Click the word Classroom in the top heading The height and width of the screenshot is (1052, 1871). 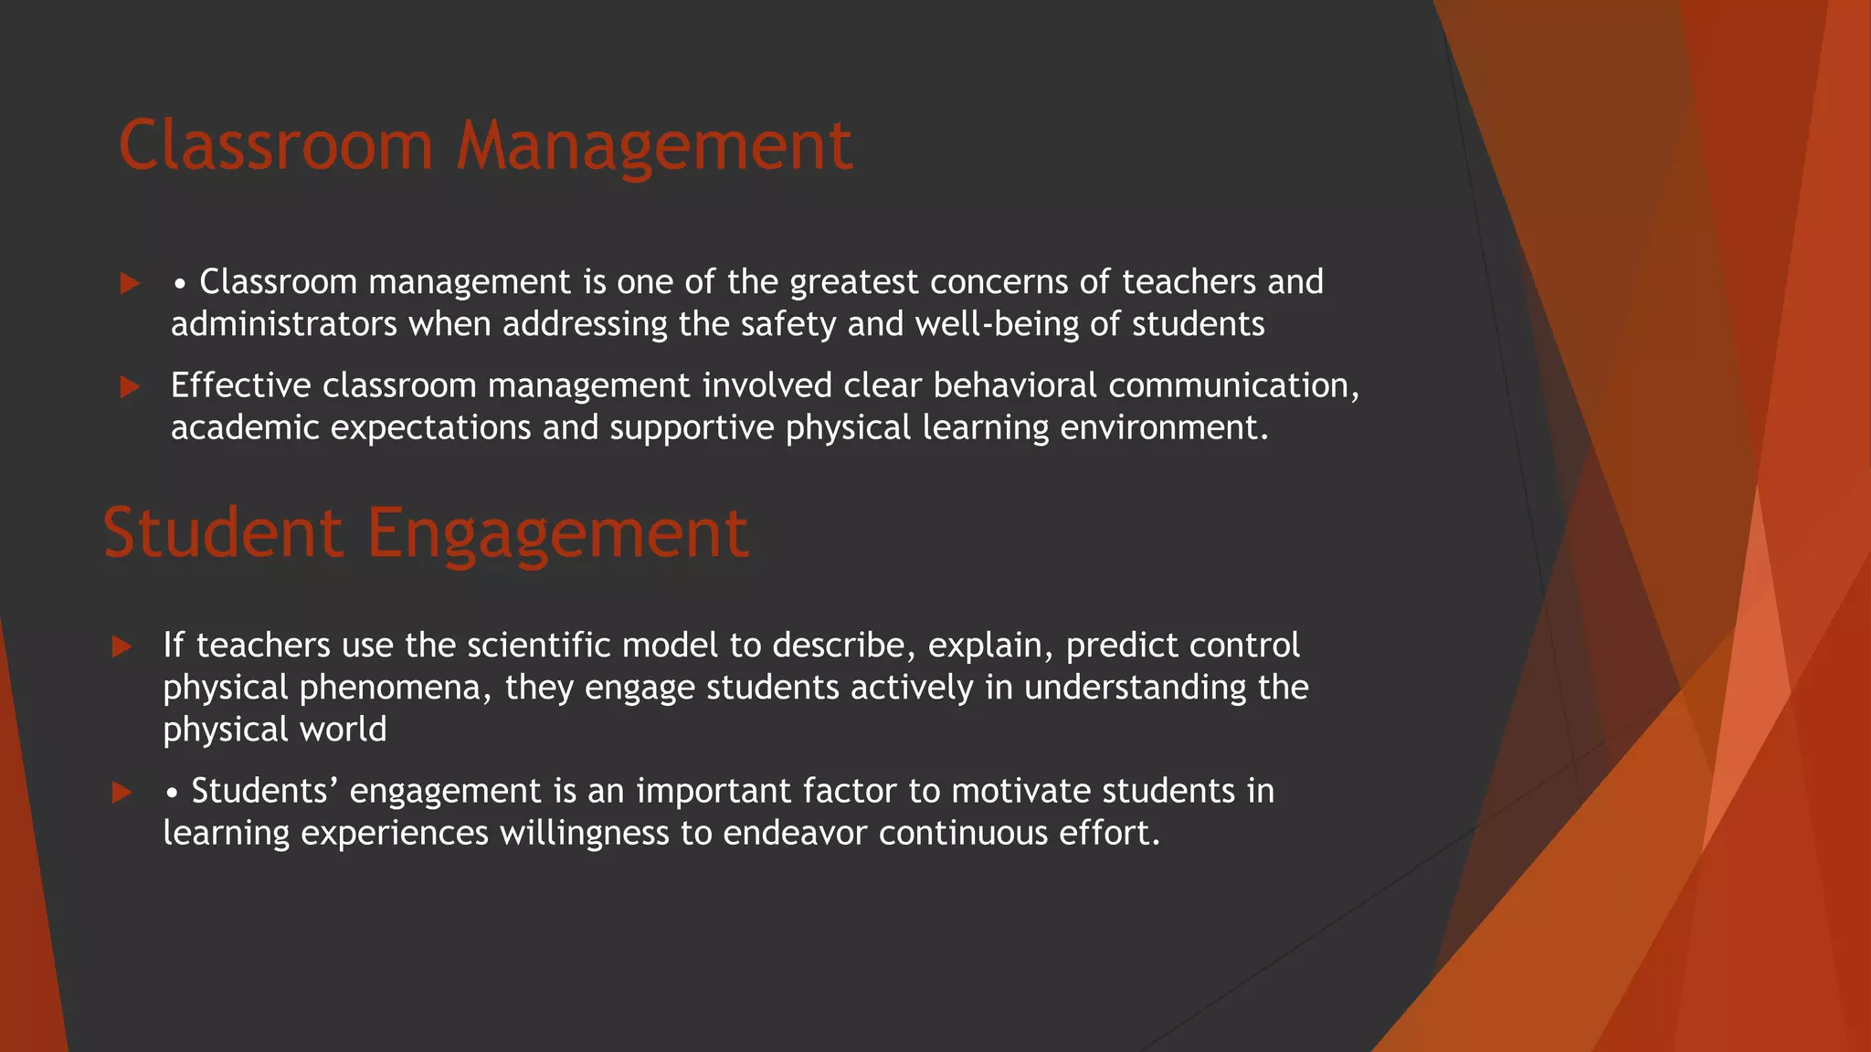pyautogui.click(x=275, y=146)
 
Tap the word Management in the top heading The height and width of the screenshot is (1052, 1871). pyautogui.click(x=654, y=146)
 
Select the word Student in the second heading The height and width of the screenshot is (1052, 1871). pyautogui.click(x=223, y=533)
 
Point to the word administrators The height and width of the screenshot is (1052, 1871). pyautogui.click(x=284, y=324)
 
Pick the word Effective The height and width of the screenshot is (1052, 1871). pyautogui.click(x=241, y=385)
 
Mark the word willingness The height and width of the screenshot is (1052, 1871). pyautogui.click(x=585, y=833)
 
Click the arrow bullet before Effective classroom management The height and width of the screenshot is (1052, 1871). pyautogui.click(x=130, y=387)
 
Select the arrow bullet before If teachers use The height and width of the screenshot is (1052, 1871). pyautogui.click(x=122, y=647)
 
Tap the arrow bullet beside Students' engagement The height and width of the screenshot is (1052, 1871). pyautogui.click(x=122, y=792)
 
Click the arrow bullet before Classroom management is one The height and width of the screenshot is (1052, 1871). pyautogui.click(x=130, y=283)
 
